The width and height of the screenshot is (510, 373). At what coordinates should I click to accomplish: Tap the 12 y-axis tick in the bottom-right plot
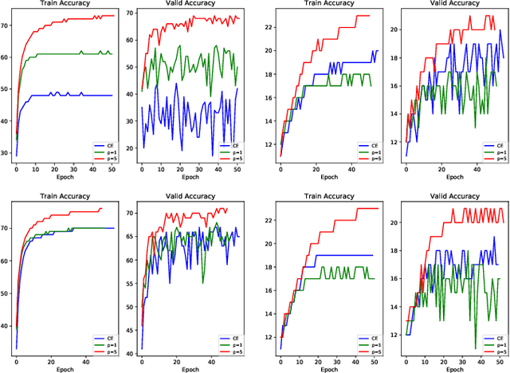click(395, 335)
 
